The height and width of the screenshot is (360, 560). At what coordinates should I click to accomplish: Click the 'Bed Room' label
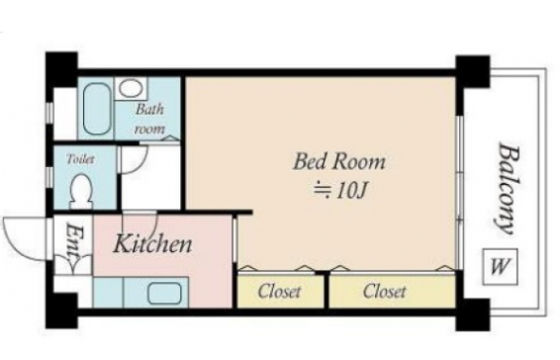pyautogui.click(x=339, y=162)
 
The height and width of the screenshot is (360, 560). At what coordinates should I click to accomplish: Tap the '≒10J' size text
pyautogui.click(x=340, y=191)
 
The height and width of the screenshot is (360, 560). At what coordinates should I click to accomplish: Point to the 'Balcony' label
pyautogui.click(x=509, y=188)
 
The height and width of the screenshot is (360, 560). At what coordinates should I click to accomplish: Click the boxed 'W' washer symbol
pyautogui.click(x=500, y=266)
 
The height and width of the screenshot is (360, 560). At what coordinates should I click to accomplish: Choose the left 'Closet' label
pyautogui.click(x=279, y=292)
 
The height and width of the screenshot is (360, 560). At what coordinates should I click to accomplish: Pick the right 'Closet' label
pyautogui.click(x=384, y=292)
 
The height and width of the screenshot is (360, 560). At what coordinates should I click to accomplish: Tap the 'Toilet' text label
pyautogui.click(x=81, y=159)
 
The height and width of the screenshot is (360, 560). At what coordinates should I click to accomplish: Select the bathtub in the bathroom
pyautogui.click(x=97, y=109)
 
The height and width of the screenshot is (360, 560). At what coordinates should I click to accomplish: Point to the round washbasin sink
pyautogui.click(x=131, y=88)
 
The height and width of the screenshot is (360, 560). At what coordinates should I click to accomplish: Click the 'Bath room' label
pyautogui.click(x=149, y=119)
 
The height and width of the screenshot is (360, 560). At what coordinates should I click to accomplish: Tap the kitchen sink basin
pyautogui.click(x=164, y=293)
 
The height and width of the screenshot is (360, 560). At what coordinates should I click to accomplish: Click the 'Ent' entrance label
pyautogui.click(x=75, y=241)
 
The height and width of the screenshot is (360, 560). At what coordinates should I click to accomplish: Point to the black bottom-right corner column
pyautogui.click(x=472, y=315)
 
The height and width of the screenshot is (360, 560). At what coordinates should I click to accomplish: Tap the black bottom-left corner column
pyautogui.click(x=61, y=311)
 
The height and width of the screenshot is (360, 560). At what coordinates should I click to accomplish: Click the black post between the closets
pyautogui.click(x=327, y=289)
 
